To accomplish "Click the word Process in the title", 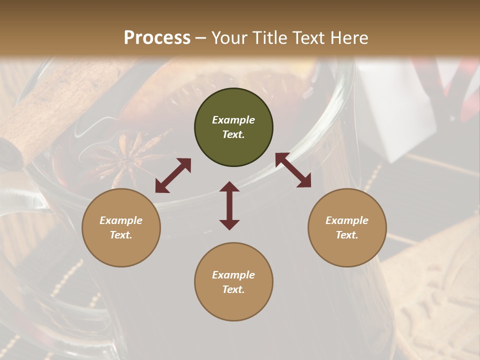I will click(157, 38).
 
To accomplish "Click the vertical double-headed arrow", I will click(229, 205).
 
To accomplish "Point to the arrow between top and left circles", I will click(173, 175).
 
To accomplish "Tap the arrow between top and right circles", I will click(293, 170).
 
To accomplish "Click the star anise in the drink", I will click(120, 160).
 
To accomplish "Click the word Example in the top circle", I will click(233, 120).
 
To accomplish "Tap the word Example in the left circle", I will click(121, 220).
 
